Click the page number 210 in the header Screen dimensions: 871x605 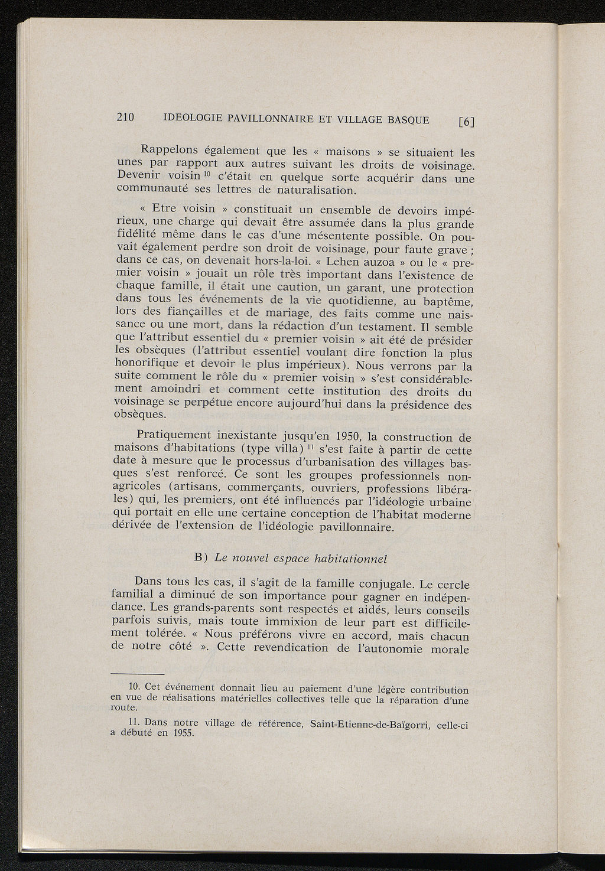[126, 117]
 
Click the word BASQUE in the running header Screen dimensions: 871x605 [408, 120]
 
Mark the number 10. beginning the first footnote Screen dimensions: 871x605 [133, 687]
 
